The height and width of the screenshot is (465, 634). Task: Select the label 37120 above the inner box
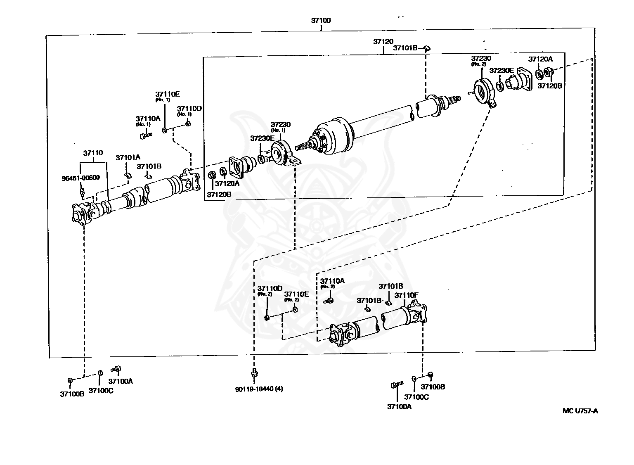(x=383, y=42)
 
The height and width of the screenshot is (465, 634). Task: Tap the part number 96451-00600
(x=80, y=178)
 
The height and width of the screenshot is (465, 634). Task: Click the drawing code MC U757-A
(x=580, y=410)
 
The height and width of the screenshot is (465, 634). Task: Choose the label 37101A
(x=128, y=157)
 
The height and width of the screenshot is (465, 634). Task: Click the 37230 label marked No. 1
(x=281, y=124)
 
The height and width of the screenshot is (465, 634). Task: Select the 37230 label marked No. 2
(x=481, y=59)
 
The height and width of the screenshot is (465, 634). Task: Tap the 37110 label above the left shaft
(x=93, y=153)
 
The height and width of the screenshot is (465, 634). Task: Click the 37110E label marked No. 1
(x=167, y=94)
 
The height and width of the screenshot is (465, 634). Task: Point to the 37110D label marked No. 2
(x=270, y=288)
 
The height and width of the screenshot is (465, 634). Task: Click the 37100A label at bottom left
(x=121, y=381)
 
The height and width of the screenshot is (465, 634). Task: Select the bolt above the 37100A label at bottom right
(x=396, y=385)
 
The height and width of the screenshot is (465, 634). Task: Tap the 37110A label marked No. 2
(x=332, y=281)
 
